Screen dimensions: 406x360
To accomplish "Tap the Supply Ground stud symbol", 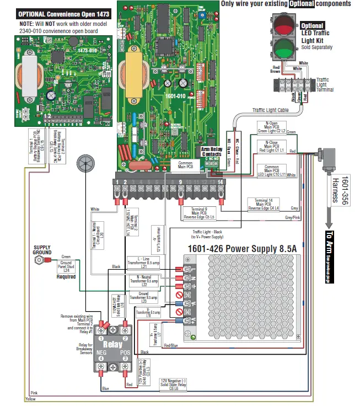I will [x=38, y=258].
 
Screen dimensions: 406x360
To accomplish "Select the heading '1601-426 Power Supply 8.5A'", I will [x=243, y=249].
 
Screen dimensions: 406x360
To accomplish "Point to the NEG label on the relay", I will [x=101, y=351].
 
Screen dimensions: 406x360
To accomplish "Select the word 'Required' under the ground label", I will [x=66, y=277].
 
